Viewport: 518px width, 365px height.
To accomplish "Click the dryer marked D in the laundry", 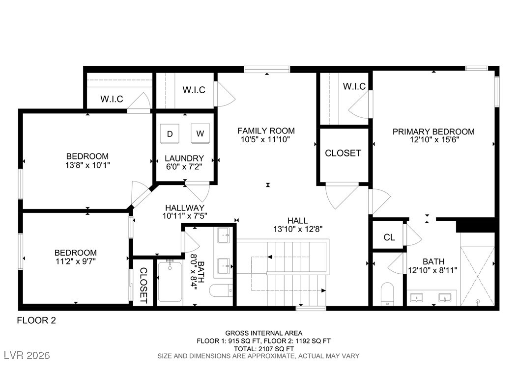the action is (x=170, y=133).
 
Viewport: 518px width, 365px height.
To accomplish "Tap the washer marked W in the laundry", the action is (x=200, y=133).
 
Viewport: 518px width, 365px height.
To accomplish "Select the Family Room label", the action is (x=266, y=131).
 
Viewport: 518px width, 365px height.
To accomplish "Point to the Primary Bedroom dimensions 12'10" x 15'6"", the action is (x=434, y=140).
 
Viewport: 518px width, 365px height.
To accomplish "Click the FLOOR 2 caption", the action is (x=36, y=320).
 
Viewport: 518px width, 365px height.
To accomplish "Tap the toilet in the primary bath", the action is (x=387, y=294).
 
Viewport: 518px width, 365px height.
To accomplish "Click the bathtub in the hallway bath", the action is (x=170, y=281).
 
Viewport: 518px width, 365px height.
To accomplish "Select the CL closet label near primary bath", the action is (x=389, y=237).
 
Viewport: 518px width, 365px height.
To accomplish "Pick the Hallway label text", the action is (x=185, y=208).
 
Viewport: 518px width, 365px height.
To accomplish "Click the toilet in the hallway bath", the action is (x=221, y=290).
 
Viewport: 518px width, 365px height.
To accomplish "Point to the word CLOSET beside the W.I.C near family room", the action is (x=343, y=153).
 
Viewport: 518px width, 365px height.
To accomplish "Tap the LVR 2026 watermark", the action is (x=27, y=355).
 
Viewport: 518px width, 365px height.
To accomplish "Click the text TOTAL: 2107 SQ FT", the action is (x=264, y=348).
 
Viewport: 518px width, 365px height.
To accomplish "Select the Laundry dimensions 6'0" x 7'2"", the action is (x=184, y=167).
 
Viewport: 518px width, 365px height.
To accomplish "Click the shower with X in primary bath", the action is (x=478, y=269).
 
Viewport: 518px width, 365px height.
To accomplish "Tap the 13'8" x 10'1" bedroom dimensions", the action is (x=87, y=165).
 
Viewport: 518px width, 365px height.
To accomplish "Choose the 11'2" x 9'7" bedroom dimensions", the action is (x=76, y=261).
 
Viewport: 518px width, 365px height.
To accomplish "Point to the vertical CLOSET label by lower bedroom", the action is (x=144, y=285).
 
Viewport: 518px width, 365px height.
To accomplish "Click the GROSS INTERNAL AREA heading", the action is (x=263, y=333).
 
